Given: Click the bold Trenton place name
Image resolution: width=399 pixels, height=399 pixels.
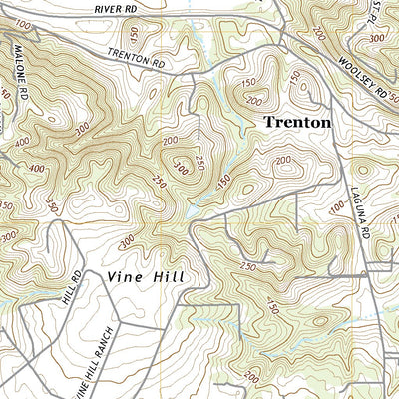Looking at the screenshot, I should click(296, 121).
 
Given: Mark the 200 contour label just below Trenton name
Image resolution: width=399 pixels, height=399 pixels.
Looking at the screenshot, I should click(283, 160).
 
